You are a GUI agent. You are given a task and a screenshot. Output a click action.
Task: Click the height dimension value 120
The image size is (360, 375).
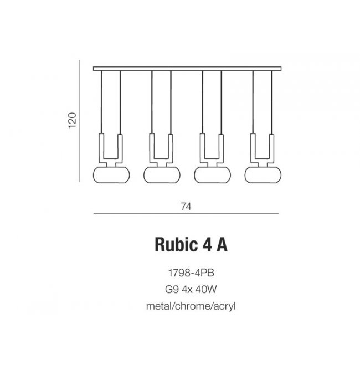[73, 120]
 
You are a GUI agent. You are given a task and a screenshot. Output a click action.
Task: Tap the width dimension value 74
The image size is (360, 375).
[186, 207]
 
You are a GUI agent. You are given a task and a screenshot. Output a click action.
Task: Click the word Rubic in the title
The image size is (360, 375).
[176, 244]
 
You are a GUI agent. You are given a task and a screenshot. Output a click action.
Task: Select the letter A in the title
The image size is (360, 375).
[222, 244]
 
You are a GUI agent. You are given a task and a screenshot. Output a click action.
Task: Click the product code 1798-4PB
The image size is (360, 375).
[191, 273]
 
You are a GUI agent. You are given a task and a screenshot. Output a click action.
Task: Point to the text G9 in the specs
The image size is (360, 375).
[172, 289]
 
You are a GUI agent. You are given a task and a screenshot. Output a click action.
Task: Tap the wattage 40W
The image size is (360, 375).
[206, 289]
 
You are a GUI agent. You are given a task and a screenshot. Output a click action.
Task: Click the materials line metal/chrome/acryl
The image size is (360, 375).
[191, 306]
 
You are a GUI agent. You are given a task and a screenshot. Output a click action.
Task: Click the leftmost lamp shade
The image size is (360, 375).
[111, 175]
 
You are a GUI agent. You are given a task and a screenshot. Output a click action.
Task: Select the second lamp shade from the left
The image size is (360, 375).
[162, 175]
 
